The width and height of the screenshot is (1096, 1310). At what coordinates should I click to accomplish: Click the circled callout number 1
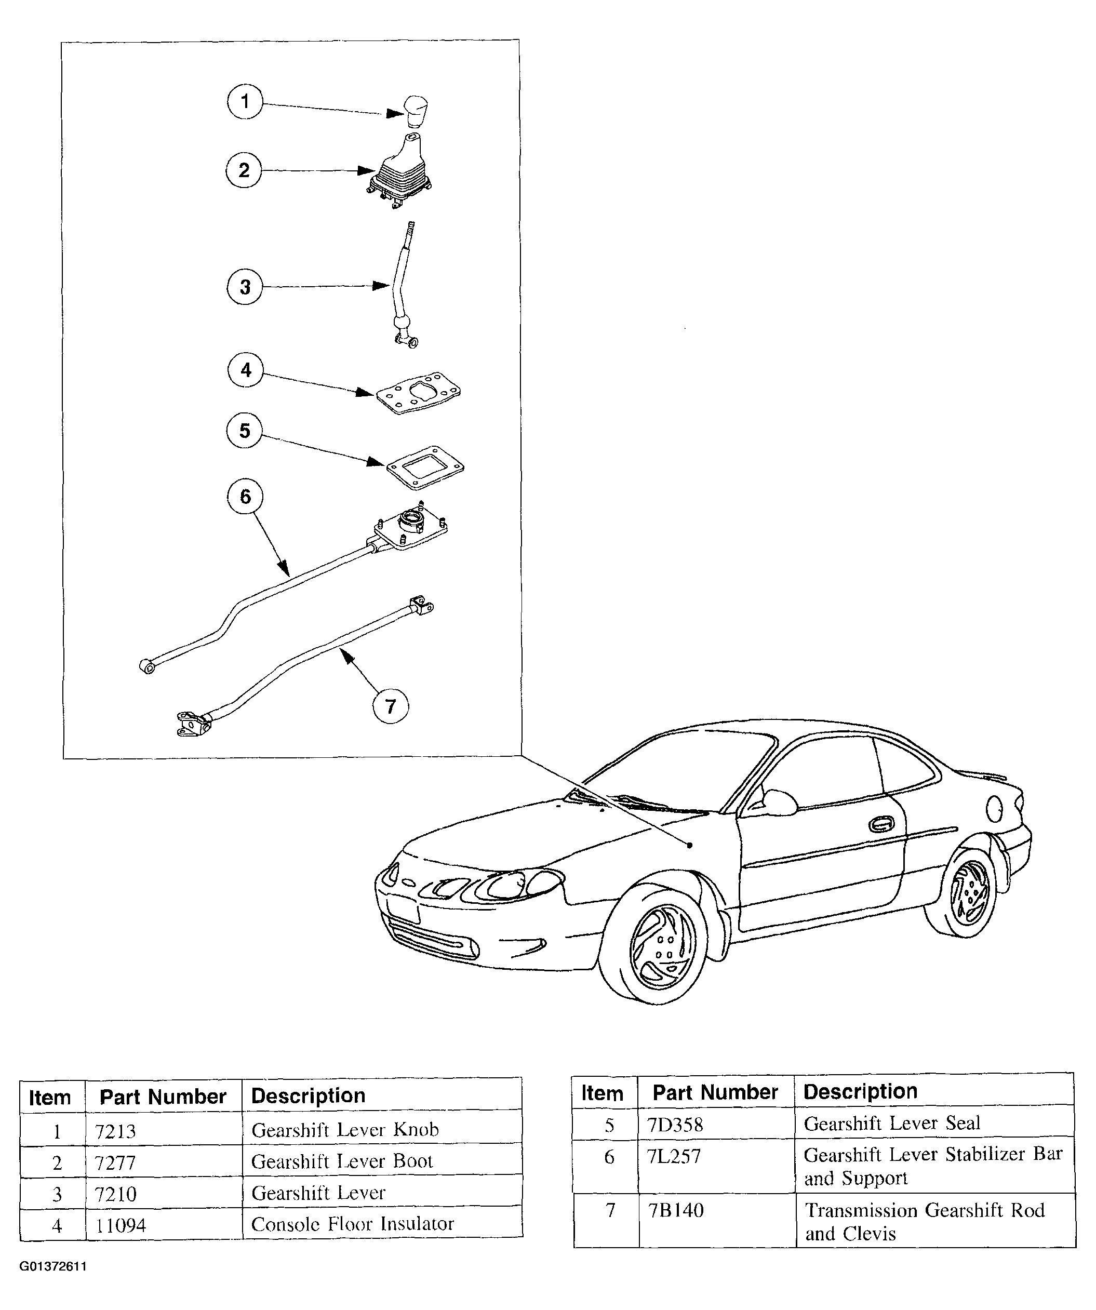(245, 102)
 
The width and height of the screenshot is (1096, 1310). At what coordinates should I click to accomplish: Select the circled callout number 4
(245, 370)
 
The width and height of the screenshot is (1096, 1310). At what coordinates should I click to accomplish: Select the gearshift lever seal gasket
(425, 466)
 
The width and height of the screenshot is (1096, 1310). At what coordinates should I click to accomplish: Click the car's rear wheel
(968, 897)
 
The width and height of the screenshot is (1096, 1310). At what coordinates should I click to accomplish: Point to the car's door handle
(879, 825)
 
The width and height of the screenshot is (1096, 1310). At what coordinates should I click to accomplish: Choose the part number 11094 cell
(121, 1225)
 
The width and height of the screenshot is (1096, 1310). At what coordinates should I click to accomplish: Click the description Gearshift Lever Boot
(342, 1161)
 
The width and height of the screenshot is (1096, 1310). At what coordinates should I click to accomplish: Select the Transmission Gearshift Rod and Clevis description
(925, 1221)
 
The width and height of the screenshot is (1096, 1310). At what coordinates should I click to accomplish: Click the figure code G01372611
(53, 1267)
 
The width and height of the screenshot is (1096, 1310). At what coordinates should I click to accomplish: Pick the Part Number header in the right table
(715, 1092)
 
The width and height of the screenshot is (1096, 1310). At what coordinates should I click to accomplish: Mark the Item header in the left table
(50, 1097)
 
